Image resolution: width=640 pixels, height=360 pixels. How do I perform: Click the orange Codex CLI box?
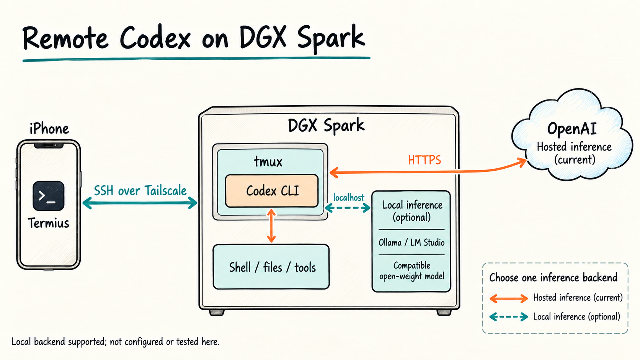[x=272, y=191]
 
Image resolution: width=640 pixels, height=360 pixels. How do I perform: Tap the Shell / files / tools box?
[x=271, y=267]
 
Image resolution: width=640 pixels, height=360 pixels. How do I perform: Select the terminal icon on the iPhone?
[x=49, y=196]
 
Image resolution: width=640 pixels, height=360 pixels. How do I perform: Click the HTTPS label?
[x=424, y=160]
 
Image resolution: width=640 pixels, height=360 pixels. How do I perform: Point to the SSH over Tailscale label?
[x=140, y=191]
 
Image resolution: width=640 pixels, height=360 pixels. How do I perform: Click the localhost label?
[x=349, y=197]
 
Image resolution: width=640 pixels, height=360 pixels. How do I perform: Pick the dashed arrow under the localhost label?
[x=348, y=208]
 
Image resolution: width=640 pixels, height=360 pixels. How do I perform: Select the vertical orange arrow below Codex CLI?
[x=271, y=226]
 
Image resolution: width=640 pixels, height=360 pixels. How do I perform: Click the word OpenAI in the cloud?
[x=572, y=129]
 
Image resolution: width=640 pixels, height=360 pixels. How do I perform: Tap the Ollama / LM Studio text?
[x=411, y=243]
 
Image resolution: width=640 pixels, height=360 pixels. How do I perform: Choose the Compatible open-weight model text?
[x=412, y=270]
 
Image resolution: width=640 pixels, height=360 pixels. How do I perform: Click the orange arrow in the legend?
[x=509, y=299]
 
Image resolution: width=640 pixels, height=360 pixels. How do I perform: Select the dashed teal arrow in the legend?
[x=509, y=317]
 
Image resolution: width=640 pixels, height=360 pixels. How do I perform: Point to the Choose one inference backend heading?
[x=553, y=277]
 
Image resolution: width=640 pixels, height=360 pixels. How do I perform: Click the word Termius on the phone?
[x=49, y=223]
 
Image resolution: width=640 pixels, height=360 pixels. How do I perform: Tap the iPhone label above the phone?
[x=49, y=129]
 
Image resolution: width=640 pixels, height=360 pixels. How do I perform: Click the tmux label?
[x=268, y=161]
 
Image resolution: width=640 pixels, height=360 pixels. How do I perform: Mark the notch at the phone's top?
[x=49, y=146]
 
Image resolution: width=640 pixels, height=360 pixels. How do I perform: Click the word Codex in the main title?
[x=155, y=38]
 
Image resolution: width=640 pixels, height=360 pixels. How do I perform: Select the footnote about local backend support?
[x=116, y=341]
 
